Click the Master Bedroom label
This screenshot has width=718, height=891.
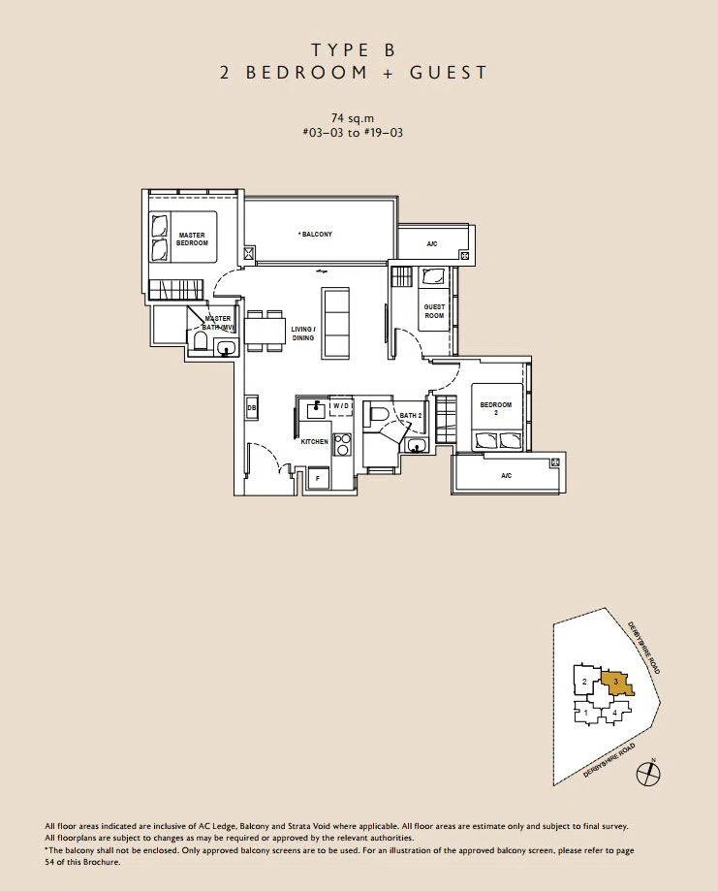(x=192, y=239)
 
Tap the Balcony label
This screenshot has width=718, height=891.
(x=316, y=234)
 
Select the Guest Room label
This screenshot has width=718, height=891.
(x=434, y=311)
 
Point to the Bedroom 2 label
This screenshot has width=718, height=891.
(x=496, y=408)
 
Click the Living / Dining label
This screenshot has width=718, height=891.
(x=302, y=334)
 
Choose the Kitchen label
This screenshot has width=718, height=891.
(x=314, y=441)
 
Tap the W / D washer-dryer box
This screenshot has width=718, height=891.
(x=341, y=406)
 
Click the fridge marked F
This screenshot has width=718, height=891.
(x=318, y=478)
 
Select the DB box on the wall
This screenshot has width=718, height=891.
(x=252, y=407)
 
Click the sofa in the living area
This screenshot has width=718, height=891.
(x=337, y=323)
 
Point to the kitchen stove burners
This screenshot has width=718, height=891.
(x=342, y=444)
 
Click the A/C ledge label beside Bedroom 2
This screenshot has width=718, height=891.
(x=506, y=476)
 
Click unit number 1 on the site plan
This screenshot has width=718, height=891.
(x=585, y=712)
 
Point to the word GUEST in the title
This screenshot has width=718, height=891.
(x=448, y=73)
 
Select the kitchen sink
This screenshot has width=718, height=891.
(x=314, y=408)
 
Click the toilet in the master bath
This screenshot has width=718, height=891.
(x=200, y=342)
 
